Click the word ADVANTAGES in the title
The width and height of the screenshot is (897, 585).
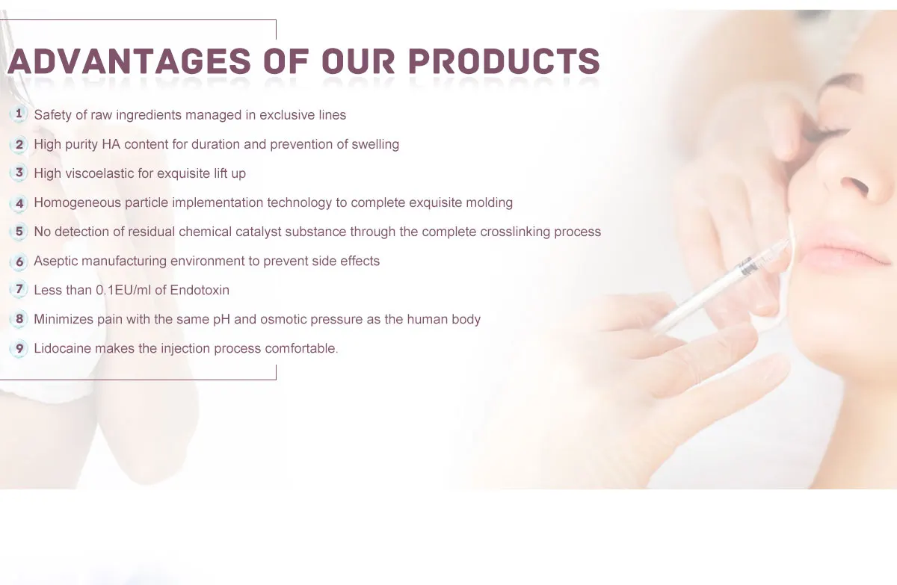click(129, 61)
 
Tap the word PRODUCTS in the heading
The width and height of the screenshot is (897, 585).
click(504, 61)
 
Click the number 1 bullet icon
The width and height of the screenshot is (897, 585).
click(19, 114)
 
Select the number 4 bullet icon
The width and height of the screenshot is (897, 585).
click(19, 203)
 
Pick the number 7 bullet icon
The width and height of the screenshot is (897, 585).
click(19, 289)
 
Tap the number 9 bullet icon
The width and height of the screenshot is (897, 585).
click(19, 348)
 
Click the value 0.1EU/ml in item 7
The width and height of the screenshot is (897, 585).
click(123, 290)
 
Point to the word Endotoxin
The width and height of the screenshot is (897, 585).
click(200, 290)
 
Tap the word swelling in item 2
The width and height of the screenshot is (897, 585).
click(375, 144)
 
